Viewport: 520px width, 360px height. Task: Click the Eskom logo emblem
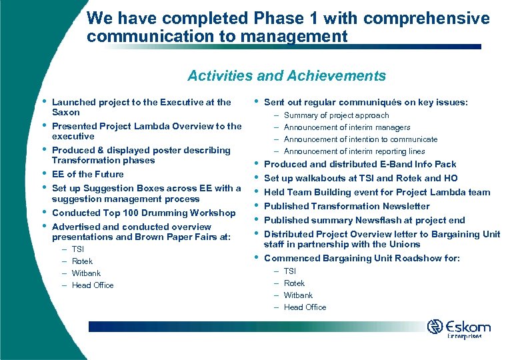point(435,327)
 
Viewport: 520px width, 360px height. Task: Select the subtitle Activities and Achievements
point(287,76)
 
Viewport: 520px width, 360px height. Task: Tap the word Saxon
point(66,113)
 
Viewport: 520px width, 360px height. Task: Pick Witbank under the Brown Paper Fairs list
point(86,273)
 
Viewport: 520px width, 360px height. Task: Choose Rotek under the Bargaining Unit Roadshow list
point(294,283)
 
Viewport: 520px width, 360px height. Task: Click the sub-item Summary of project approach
point(336,115)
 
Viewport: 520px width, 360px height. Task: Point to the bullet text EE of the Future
point(87,174)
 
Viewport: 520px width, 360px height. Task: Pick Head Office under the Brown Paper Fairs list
point(93,285)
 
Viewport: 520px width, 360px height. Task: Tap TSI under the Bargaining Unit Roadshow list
point(290,271)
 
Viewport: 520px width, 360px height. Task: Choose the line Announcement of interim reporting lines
point(354,151)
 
